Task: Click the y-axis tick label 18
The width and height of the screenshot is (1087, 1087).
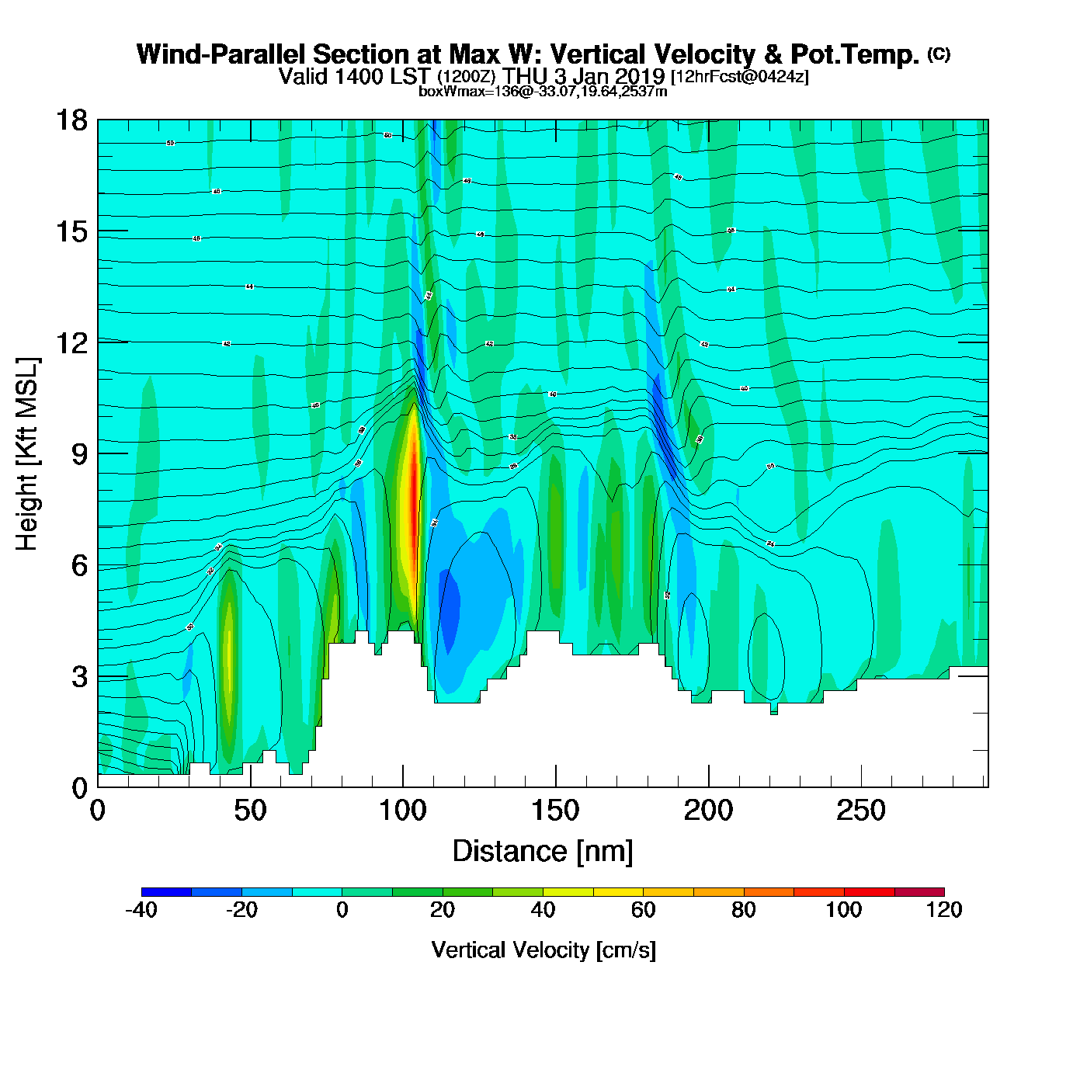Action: [71, 121]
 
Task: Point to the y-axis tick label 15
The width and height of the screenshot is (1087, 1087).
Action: [71, 232]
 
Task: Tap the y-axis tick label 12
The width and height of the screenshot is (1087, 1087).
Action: [71, 343]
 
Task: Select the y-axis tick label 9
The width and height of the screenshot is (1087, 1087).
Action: [79, 455]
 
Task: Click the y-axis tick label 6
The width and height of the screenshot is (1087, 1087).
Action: [79, 566]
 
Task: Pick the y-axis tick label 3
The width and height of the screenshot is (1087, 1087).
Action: [79, 677]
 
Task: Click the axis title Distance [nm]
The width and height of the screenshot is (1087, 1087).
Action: [543, 852]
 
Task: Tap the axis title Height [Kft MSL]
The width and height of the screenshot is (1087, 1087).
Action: [27, 454]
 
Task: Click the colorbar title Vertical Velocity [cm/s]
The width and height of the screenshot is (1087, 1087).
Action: [543, 950]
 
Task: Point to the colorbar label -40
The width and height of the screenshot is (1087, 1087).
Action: [141, 910]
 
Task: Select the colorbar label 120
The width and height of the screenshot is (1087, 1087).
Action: [944, 910]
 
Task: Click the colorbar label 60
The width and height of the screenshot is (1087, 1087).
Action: [643, 910]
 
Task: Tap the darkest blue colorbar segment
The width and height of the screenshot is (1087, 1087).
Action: [166, 892]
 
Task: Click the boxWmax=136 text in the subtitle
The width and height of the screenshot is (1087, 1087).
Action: [458, 92]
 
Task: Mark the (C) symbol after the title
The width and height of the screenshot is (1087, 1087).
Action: [939, 54]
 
